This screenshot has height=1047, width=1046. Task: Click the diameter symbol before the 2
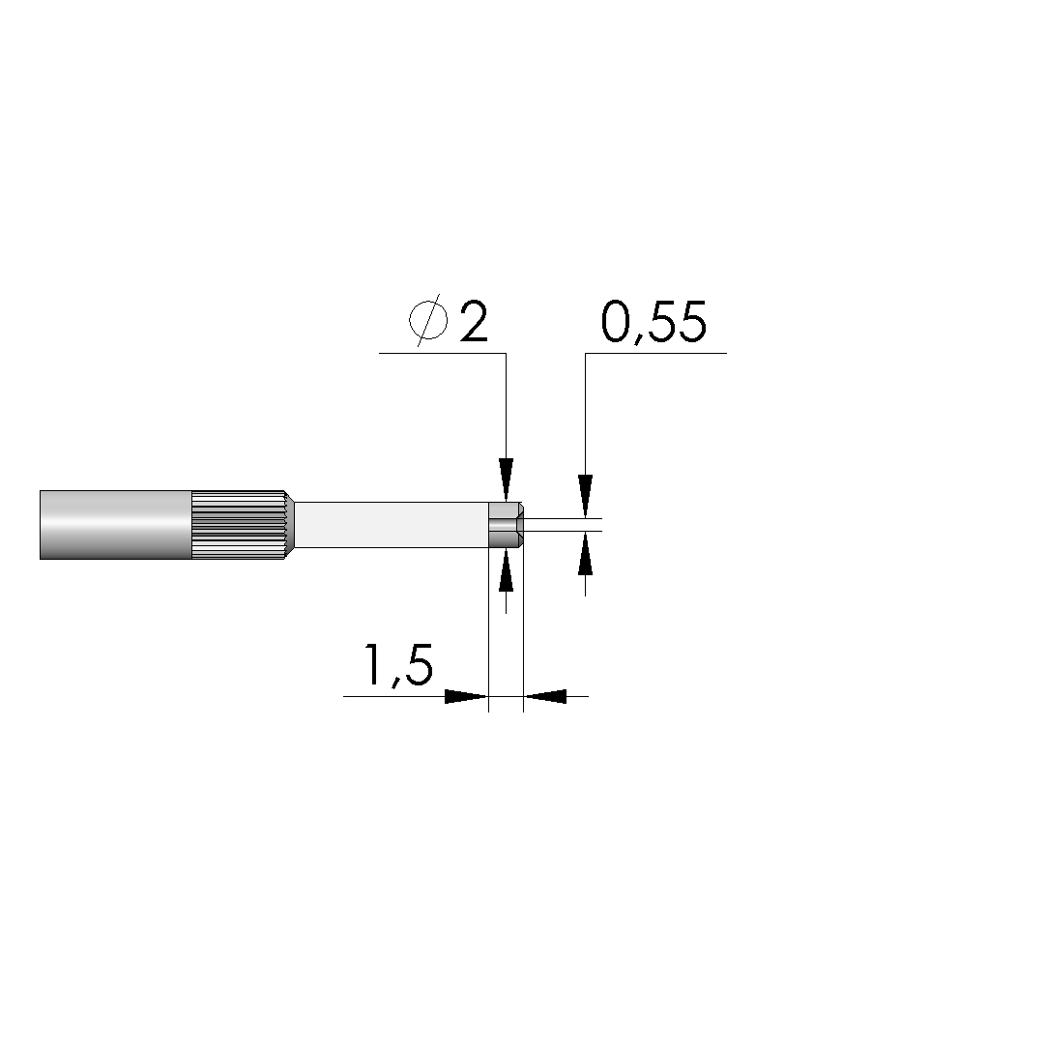click(428, 320)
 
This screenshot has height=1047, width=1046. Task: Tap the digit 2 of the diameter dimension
click(474, 321)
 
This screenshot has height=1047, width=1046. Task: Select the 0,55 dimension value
click(654, 323)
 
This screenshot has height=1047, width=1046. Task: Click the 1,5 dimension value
click(398, 665)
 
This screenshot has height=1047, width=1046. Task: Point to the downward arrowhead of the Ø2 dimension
click(506, 480)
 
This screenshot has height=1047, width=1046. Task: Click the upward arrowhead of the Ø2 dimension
click(506, 569)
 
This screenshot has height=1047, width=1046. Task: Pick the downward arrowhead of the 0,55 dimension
click(586, 495)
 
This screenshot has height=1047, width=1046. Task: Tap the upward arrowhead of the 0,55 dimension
click(586, 553)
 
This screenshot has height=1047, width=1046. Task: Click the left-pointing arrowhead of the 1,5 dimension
click(544, 696)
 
